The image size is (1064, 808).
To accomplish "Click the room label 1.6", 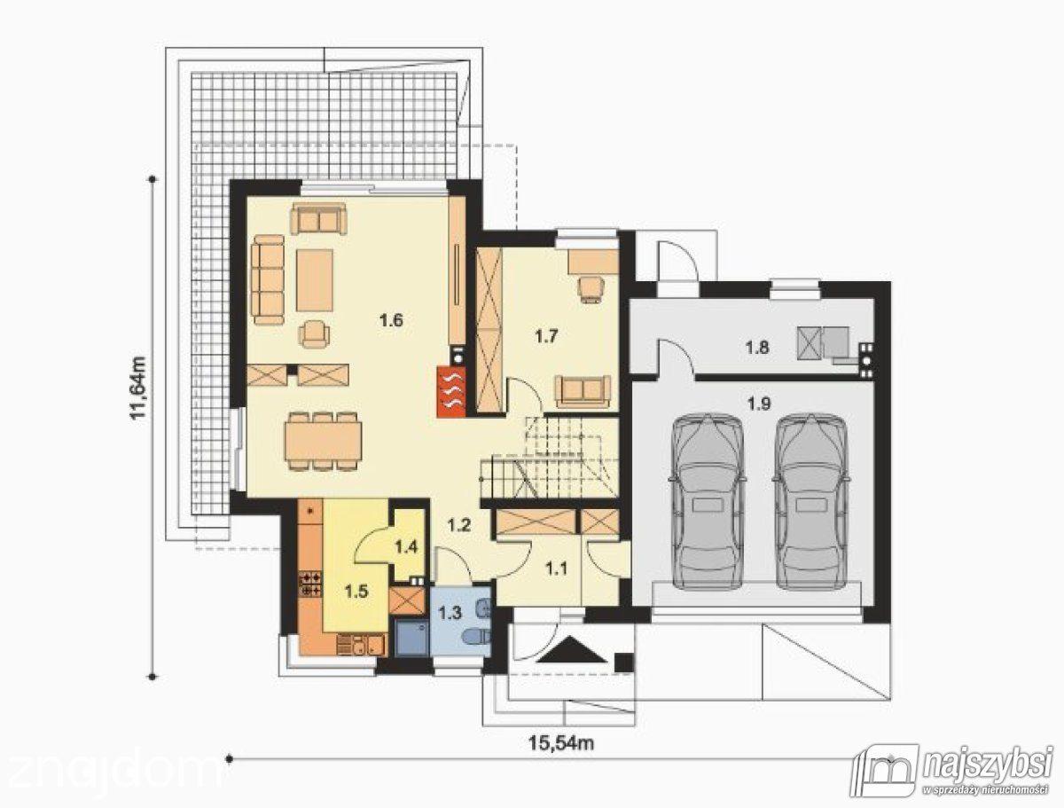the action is (x=391, y=320).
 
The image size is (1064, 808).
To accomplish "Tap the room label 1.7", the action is (x=546, y=336).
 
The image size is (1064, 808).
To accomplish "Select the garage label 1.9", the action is (x=759, y=404).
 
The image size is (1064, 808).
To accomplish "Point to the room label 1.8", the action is (x=757, y=348).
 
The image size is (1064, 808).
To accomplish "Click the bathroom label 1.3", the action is (x=450, y=613).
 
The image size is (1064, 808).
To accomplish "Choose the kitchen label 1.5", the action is (x=356, y=592).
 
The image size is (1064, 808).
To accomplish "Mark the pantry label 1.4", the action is (x=406, y=547).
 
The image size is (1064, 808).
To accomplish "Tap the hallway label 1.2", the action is (x=458, y=525).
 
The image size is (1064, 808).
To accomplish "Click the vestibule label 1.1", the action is (x=556, y=568).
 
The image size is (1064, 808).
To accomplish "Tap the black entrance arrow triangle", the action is (x=573, y=651).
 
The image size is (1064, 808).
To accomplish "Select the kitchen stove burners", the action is (x=310, y=584).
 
